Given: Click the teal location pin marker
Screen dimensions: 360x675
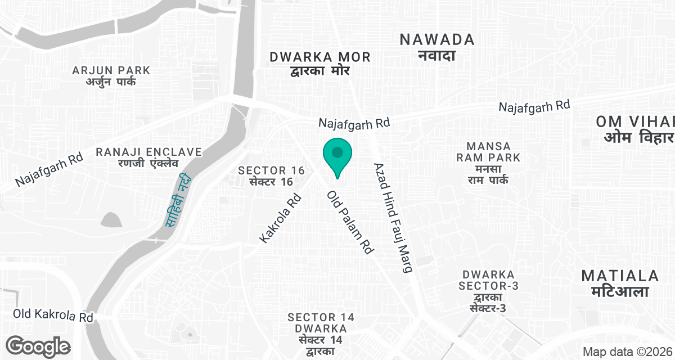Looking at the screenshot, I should [x=337, y=155].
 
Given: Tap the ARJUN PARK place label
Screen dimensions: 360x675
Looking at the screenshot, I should [x=111, y=76].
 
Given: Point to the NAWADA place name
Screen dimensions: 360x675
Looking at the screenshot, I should [x=436, y=46].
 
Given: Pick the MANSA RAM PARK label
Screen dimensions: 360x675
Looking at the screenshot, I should [x=488, y=163].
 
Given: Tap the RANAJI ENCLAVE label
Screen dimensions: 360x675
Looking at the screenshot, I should [x=148, y=157].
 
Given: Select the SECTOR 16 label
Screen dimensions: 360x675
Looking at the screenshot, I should [x=271, y=175].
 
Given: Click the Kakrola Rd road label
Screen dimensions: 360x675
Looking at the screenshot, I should [x=281, y=219].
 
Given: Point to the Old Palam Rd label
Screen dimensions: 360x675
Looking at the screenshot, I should [x=350, y=222].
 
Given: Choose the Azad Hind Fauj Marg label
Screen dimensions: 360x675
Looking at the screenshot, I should [x=394, y=218].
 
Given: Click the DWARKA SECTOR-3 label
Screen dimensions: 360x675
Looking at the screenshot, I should [x=489, y=291].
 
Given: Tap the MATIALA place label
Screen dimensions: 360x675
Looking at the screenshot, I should [x=620, y=283].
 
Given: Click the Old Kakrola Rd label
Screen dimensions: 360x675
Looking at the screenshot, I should [x=53, y=315].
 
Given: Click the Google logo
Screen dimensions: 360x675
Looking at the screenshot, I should [x=38, y=346].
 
